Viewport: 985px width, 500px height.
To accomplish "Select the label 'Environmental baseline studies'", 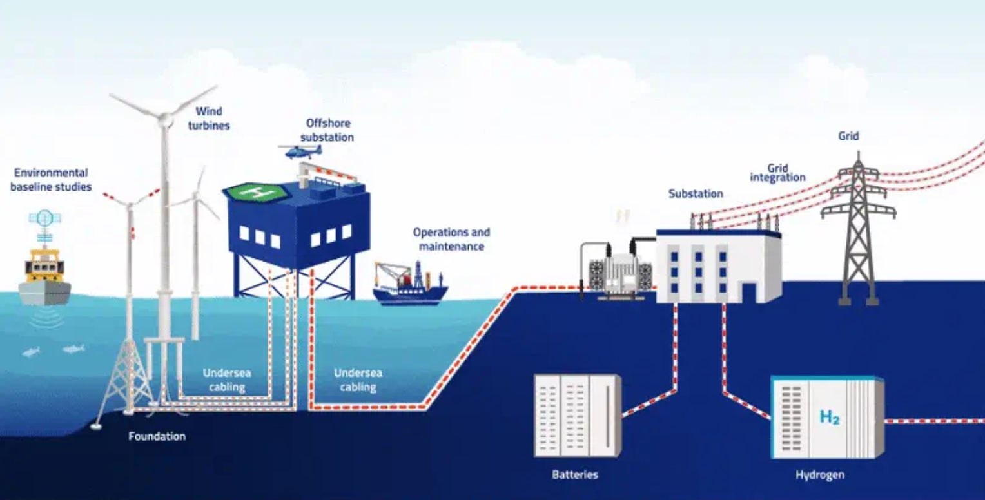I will pyautogui.click(x=51, y=180).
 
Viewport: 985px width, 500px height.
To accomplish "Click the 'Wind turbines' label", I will pyautogui.click(x=209, y=119).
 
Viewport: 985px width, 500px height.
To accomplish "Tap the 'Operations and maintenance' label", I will pyautogui.click(x=451, y=239).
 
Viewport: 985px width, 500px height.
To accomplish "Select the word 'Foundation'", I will pyautogui.click(x=157, y=436).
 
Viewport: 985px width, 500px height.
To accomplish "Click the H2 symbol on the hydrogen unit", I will pyautogui.click(x=829, y=417).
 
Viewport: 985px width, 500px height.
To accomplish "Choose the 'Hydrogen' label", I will pyautogui.click(x=819, y=475).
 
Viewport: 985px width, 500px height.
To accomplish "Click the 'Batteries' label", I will pyautogui.click(x=575, y=475).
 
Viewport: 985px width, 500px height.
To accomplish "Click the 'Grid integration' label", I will pyautogui.click(x=777, y=173).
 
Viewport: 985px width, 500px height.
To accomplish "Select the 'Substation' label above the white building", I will pyautogui.click(x=696, y=193).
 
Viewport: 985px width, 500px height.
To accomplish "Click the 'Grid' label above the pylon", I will pyautogui.click(x=848, y=136).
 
